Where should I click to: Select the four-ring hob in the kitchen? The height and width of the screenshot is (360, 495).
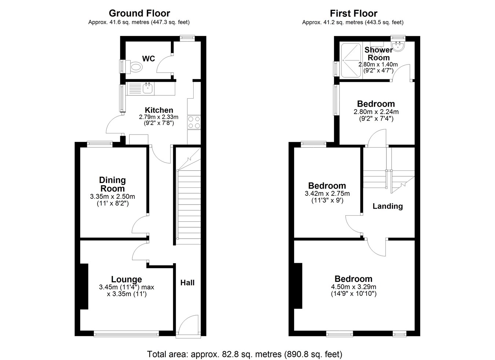click(x=194, y=122)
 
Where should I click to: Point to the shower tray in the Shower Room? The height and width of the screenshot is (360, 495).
click(x=351, y=60)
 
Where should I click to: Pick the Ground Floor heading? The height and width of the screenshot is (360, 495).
click(x=139, y=13)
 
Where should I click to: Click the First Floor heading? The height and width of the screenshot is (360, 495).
click(x=353, y=13)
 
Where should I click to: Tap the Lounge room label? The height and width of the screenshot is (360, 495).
click(x=126, y=279)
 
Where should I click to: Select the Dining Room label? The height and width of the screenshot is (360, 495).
click(x=113, y=184)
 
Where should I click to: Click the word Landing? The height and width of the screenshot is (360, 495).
click(x=388, y=206)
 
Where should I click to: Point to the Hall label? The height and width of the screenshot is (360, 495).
click(x=187, y=283)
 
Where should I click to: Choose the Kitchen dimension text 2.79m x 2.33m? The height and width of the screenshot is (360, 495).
click(x=159, y=117)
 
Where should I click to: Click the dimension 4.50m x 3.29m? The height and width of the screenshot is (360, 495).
click(x=353, y=287)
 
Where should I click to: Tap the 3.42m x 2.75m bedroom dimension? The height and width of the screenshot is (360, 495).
click(x=327, y=194)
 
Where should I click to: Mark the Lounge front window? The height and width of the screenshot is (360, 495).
click(x=126, y=334)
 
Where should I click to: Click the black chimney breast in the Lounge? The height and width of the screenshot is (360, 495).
click(x=84, y=286)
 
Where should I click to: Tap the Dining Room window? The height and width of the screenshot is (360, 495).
click(x=100, y=144)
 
